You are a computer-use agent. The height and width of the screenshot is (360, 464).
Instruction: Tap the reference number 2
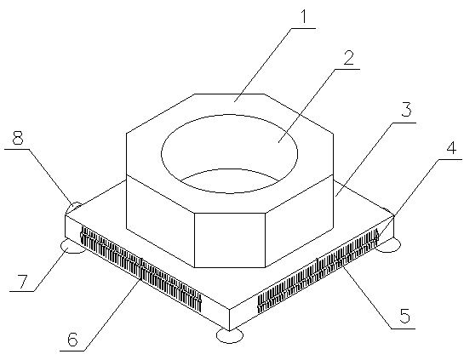(349, 58)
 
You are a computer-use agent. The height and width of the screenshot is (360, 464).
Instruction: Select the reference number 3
(406, 109)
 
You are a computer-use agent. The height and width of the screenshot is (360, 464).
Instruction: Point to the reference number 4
(451, 146)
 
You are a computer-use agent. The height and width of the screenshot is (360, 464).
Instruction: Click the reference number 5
(404, 316)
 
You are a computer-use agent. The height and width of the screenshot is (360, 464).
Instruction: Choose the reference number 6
(73, 339)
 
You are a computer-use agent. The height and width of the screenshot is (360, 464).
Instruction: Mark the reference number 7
(22, 281)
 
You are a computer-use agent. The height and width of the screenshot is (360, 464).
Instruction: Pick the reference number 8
(18, 137)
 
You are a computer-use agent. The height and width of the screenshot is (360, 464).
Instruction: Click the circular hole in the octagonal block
(230, 154)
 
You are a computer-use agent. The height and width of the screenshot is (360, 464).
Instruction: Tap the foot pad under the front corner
(230, 336)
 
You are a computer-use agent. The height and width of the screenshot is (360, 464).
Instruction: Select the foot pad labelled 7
(72, 248)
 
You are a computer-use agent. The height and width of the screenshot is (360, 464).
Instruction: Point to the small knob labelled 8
(73, 207)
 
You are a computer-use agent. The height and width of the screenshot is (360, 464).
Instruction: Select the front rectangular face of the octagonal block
(230, 240)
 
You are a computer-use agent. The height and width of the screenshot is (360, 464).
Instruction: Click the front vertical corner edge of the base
(229, 320)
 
